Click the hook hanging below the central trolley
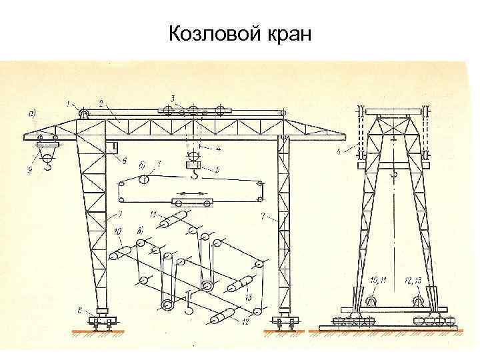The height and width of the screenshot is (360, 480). (194, 176)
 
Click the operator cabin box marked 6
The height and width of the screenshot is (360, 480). (115, 147)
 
